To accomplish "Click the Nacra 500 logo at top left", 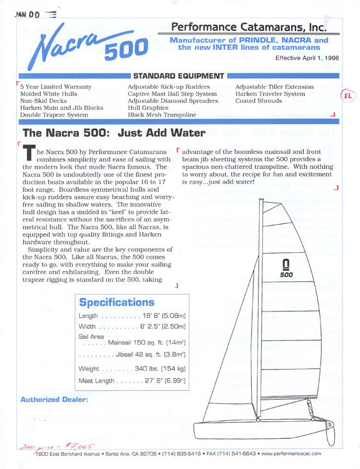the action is pos(88,44).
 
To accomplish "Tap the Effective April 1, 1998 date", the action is pos(307,58).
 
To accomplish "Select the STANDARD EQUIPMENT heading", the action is pos(178,76).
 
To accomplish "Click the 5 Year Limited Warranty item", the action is pos(56,87).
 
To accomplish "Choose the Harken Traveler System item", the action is pos(270,94).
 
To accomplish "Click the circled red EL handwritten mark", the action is pos(347,96).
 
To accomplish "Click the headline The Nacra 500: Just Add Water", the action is pos(114,133).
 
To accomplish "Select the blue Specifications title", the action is pos(116,302).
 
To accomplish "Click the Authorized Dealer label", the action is pos(54,399).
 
